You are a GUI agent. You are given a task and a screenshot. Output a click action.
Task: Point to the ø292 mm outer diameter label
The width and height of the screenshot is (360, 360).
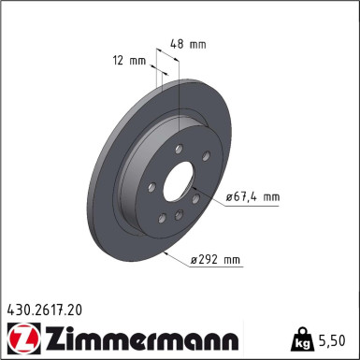click(x=217, y=259)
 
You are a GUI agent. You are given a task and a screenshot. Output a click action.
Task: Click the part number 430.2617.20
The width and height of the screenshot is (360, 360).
click(x=46, y=306)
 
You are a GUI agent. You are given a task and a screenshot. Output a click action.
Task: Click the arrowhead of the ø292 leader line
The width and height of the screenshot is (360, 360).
click(x=163, y=251)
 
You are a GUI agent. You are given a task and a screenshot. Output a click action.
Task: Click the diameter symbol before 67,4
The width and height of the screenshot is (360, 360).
click(x=230, y=197)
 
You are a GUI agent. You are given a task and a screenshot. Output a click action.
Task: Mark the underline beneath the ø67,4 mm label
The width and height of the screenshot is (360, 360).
click(x=252, y=206)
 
